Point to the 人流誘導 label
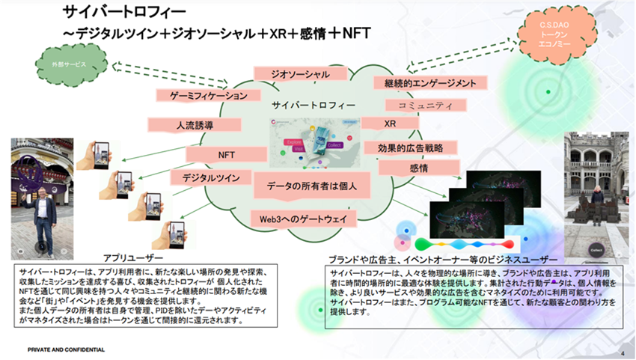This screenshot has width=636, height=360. [x=193, y=126]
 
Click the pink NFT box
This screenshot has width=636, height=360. [x=227, y=154]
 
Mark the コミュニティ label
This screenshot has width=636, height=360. [x=425, y=106]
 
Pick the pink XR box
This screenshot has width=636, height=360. [x=390, y=123]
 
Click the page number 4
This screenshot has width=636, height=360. [x=623, y=350]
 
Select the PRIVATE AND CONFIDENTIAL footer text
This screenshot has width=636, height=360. [x=66, y=350]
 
